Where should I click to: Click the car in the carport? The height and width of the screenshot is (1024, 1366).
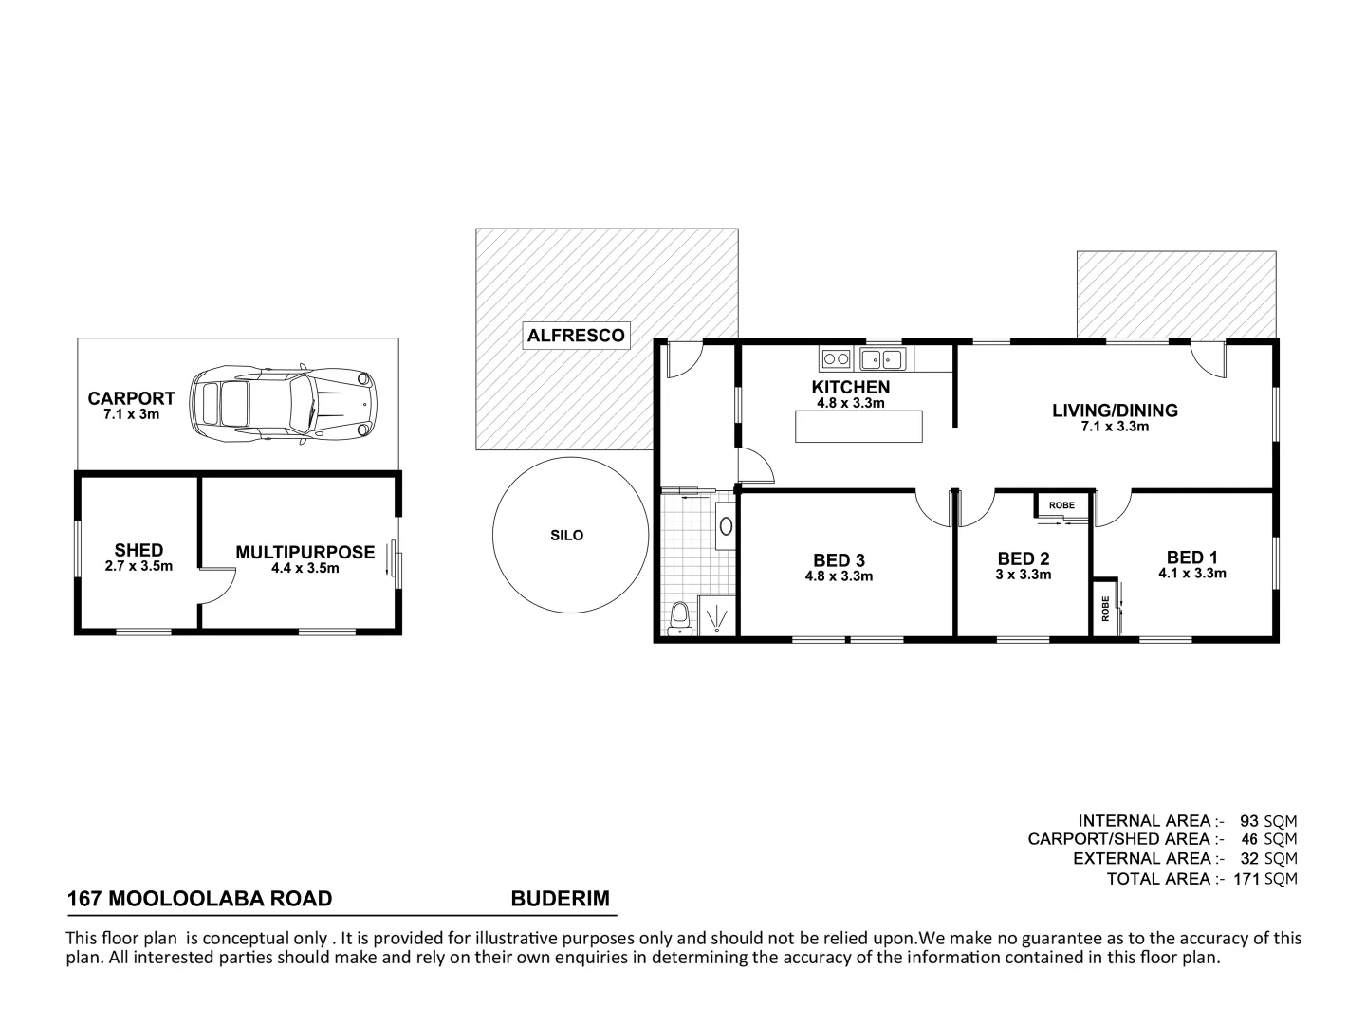283,406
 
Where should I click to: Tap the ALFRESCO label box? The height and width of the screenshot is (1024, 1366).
576,336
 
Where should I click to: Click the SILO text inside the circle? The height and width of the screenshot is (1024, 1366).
566,536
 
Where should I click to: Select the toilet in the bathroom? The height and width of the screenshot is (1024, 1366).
678,617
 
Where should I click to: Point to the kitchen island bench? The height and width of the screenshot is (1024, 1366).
858,426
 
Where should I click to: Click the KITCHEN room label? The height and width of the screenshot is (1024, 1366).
850,387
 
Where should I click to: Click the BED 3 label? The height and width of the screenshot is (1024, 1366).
839,560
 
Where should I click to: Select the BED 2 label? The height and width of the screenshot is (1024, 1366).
1023,559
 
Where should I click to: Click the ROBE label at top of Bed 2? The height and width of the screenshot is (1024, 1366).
1061,505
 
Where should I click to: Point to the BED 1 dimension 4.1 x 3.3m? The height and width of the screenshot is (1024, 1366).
1191,574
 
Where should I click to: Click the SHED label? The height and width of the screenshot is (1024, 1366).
138,550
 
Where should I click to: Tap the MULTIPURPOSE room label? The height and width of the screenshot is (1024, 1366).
305,552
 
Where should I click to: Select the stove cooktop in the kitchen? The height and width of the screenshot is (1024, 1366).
836,358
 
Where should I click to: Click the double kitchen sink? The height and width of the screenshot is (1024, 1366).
882,358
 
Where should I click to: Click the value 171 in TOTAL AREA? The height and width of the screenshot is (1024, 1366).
1246,879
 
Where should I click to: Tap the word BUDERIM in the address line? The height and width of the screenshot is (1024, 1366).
560,898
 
